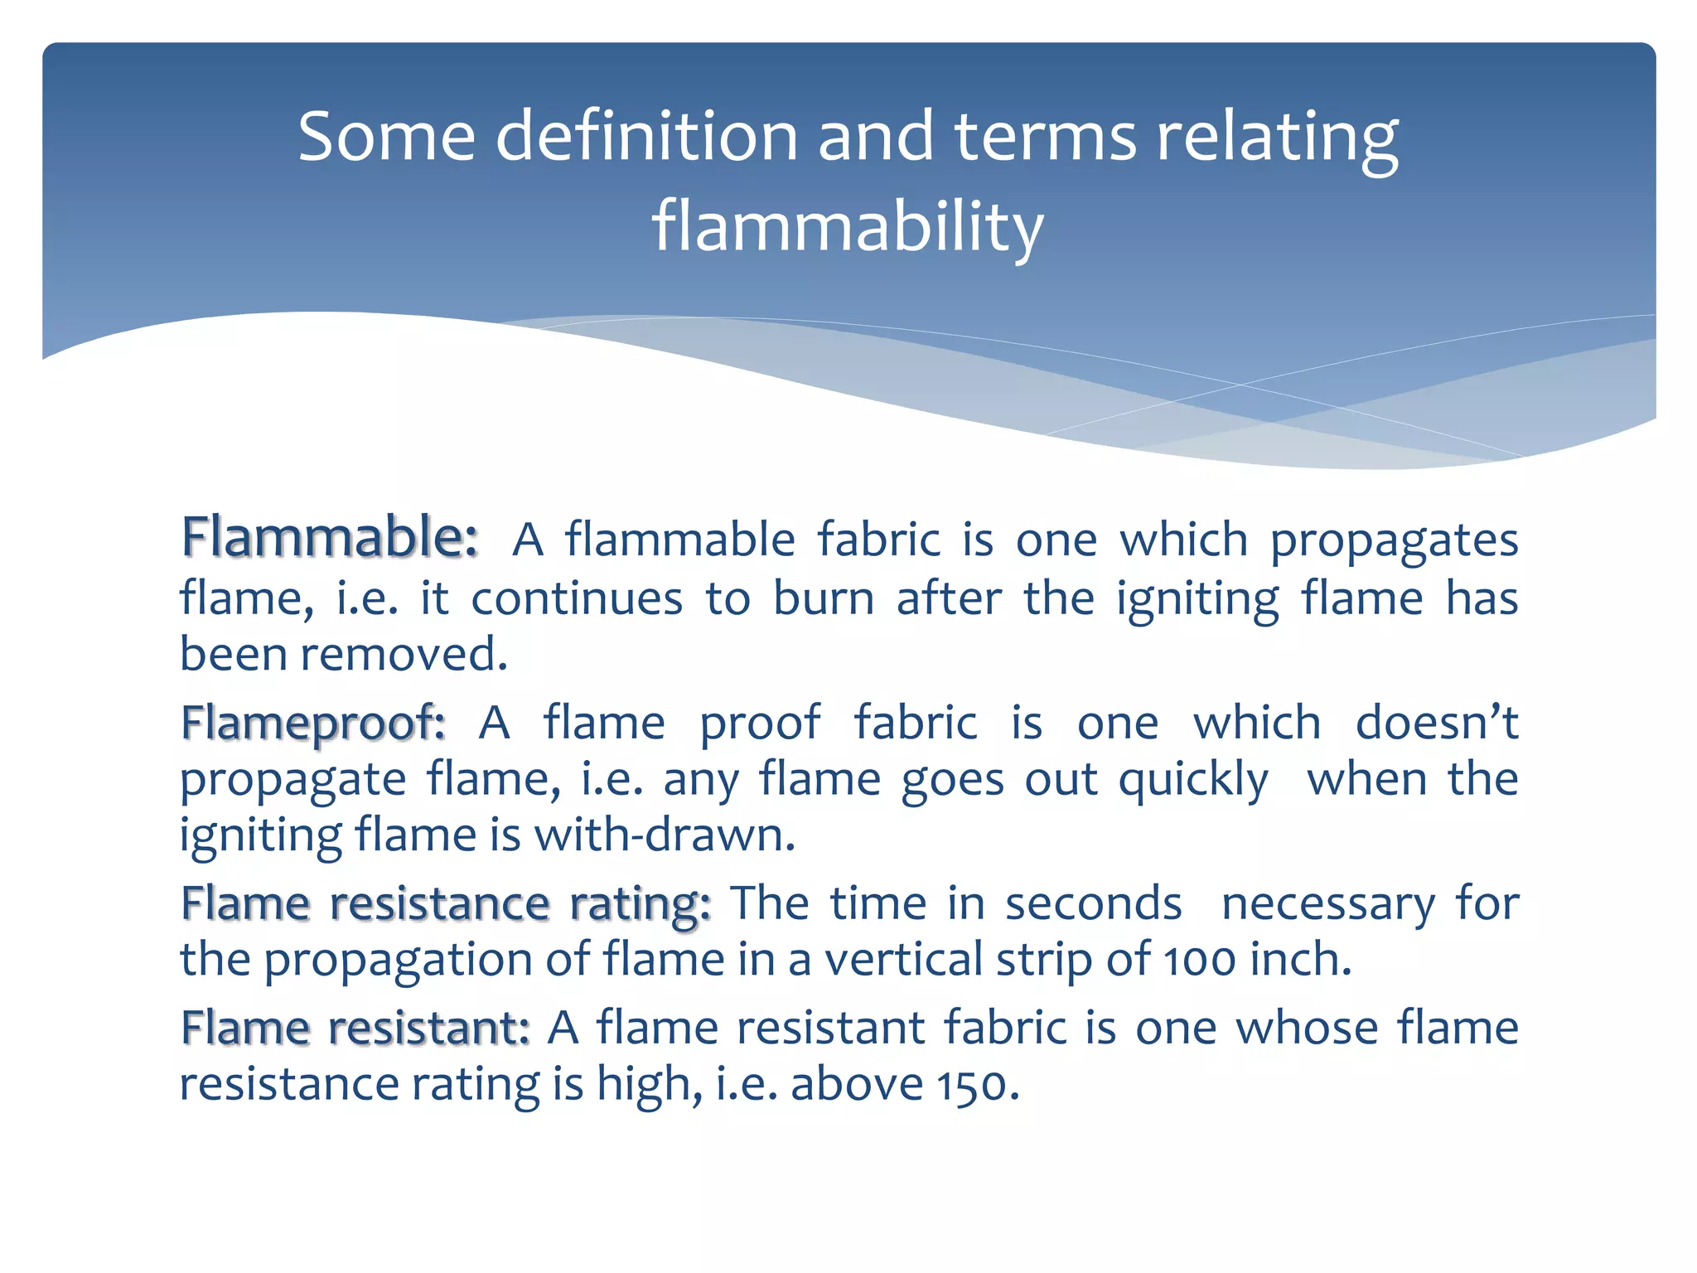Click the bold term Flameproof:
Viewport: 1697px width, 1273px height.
click(313, 723)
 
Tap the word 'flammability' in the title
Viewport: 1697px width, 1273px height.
click(847, 225)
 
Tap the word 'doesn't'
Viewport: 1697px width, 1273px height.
click(1437, 723)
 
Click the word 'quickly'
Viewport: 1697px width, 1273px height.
click(1193, 781)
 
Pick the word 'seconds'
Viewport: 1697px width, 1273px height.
click(1094, 903)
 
